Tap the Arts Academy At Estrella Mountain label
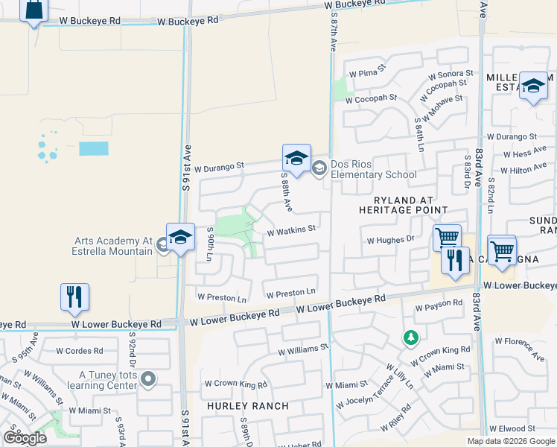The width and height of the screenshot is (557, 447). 112,246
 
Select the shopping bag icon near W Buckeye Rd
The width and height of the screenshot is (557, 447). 34,10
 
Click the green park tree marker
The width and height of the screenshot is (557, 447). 410,339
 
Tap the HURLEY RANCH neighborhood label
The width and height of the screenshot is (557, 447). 247,406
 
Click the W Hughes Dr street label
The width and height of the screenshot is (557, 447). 390,240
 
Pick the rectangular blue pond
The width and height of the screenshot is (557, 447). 94,148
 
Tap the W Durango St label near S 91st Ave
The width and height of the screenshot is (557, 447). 219,168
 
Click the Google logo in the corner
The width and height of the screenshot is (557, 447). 25,437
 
